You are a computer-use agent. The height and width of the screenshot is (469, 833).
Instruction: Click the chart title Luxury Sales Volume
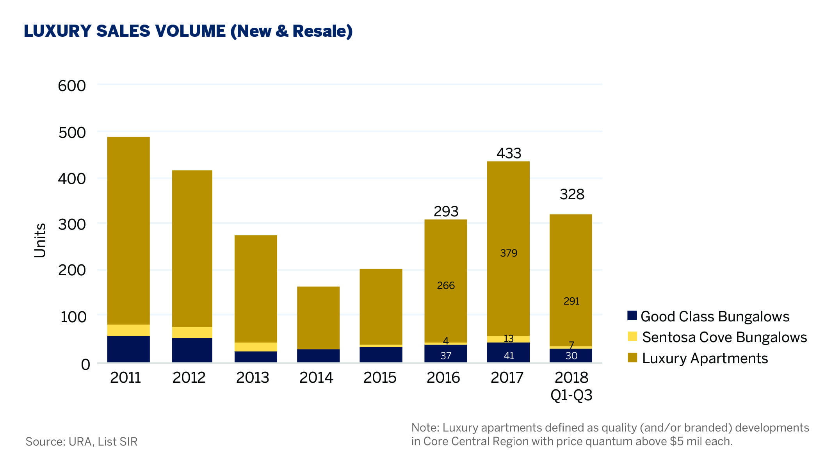tap(188, 31)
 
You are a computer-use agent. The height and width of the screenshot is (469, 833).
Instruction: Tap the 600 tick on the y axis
tap(72, 86)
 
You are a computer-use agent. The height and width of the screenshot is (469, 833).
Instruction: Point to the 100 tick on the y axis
tap(73, 317)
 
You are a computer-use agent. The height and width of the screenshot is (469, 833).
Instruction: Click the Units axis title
tap(40, 241)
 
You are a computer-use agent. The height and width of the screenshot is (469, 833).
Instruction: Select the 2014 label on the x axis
tap(316, 378)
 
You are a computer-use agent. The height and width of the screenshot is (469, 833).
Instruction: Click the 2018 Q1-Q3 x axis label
tap(571, 386)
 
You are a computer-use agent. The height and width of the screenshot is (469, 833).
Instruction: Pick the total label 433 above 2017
tap(509, 153)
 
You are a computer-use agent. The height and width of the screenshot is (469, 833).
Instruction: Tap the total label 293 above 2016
tap(446, 211)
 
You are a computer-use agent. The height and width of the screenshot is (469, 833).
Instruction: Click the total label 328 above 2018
tap(572, 194)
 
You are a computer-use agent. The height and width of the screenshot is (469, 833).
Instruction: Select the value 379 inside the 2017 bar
tap(509, 253)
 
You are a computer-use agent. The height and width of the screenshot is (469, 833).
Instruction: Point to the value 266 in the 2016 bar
tap(446, 285)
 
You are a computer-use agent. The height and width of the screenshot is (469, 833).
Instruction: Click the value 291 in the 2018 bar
tap(571, 301)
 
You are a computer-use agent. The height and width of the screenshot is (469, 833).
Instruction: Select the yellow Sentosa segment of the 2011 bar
tap(128, 330)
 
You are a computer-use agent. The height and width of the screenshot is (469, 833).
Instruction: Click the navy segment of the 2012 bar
tap(192, 350)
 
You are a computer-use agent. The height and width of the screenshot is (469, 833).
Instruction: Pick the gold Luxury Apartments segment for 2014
tap(318, 317)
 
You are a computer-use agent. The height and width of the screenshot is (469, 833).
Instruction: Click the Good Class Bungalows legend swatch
tap(632, 316)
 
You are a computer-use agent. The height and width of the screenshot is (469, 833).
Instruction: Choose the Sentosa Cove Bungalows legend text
tap(724, 337)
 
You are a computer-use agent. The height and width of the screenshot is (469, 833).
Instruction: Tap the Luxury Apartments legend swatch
tap(632, 358)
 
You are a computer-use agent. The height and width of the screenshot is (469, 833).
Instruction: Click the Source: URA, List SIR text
tap(82, 442)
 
